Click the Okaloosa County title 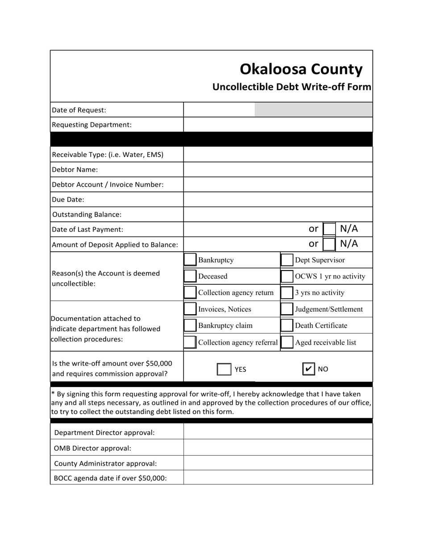click(301, 69)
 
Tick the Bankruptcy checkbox click(190, 260)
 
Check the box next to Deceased click(190, 276)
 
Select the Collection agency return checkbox click(190, 293)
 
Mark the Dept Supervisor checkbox click(287, 260)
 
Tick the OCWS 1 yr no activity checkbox click(287, 276)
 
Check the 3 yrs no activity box click(287, 293)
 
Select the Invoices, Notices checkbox click(190, 309)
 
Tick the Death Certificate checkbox click(287, 326)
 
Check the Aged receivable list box click(287, 342)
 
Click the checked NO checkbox click(308, 369)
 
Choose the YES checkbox click(224, 369)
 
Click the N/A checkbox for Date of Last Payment click(329, 229)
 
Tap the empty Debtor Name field click(278, 170)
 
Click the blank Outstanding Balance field click(278, 214)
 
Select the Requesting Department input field click(278, 125)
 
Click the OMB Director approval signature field click(278, 448)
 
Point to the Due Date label click(68, 200)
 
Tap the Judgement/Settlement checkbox click(287, 309)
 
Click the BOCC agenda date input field click(278, 478)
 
